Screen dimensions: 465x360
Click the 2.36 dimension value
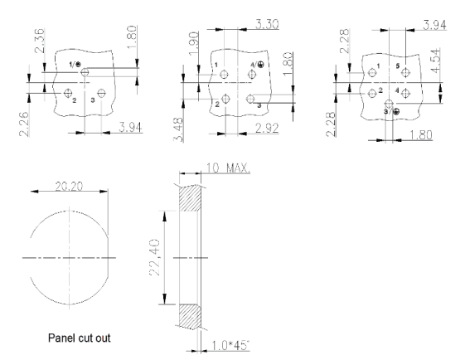[40, 41]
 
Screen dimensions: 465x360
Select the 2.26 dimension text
[24, 124]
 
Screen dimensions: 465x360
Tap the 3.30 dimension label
[267, 24]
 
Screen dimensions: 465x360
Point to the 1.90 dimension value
[194, 44]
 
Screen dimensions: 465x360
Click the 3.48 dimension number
[178, 129]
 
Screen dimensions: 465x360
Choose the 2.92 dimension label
[267, 129]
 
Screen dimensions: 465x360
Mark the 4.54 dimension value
[436, 60]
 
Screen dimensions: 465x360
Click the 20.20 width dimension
[69, 187]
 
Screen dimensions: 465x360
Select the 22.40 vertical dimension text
[155, 258]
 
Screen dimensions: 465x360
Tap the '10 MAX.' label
[228, 168]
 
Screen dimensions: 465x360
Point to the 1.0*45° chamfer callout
[230, 345]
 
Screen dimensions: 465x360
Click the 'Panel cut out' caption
[80, 338]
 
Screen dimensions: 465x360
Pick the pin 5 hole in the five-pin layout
[405, 72]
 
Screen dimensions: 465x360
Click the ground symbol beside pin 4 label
[260, 65]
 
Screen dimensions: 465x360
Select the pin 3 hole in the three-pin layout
[101, 93]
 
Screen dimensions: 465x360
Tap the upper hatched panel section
[190, 198]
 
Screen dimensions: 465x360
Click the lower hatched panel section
[190, 317]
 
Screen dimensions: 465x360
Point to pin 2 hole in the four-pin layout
[226, 99]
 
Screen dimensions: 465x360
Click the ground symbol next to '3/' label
[396, 112]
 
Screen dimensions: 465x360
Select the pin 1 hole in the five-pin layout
[372, 72]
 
